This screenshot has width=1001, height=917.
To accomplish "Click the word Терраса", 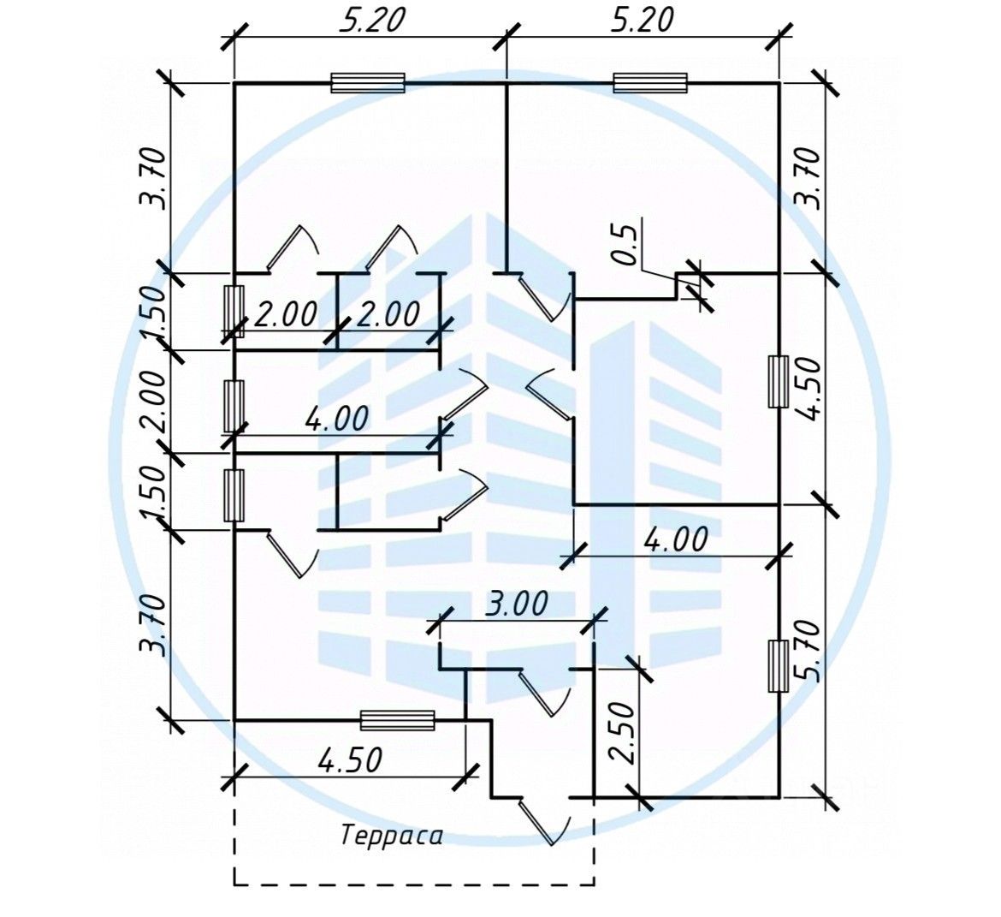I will point(393,836).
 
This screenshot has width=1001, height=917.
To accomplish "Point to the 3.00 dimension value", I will point(516,604).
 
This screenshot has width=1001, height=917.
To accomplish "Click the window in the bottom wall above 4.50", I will point(397,720).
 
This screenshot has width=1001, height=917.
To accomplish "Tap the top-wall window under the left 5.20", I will point(367,82).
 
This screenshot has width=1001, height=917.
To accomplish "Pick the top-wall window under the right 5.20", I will point(651,82).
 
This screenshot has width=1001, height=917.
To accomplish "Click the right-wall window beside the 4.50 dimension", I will point(778,382).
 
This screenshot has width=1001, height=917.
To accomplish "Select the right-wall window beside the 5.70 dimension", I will point(778,665).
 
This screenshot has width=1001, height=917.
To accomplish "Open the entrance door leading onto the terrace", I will point(544,821).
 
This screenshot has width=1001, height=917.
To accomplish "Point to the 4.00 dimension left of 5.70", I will point(675,540).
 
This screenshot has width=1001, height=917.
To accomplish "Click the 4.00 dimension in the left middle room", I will point(335,419).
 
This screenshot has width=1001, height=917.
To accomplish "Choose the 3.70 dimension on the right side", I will point(808,177).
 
